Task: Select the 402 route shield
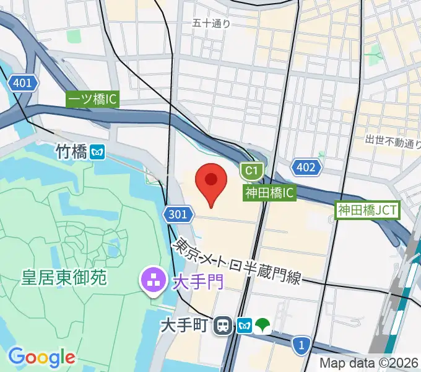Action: [x=306, y=167]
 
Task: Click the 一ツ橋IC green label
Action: [x=92, y=99]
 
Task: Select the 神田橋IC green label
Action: [x=269, y=193]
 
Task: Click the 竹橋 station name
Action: [x=71, y=151]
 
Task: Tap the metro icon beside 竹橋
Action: [x=97, y=151]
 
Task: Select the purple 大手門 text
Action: [x=197, y=282]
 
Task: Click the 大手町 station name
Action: [x=185, y=325]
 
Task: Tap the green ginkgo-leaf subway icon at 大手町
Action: [x=263, y=325]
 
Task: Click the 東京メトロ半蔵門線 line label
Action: [x=238, y=261]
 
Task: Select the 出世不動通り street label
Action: [x=393, y=142]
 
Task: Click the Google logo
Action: [x=41, y=356]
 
